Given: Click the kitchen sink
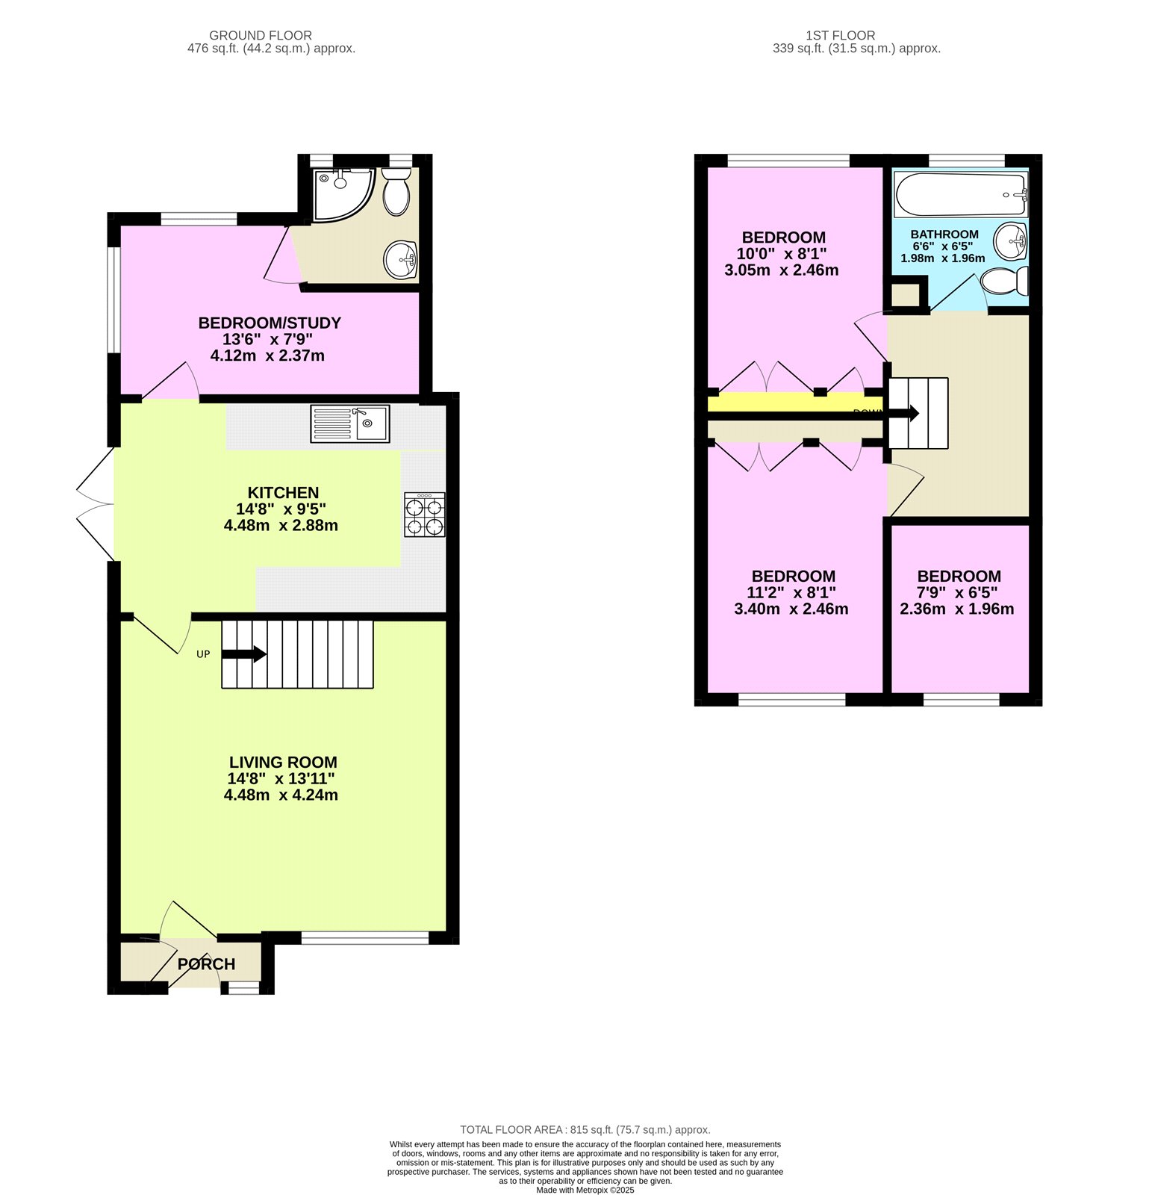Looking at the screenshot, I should click(x=350, y=423).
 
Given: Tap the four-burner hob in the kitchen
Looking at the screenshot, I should click(x=424, y=515).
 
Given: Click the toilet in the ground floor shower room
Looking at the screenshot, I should click(x=396, y=191).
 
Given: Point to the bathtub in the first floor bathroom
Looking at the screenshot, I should click(x=960, y=194).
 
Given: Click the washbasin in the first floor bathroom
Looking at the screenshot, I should click(x=1010, y=239).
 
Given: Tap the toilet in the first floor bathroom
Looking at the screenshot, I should click(x=1004, y=282).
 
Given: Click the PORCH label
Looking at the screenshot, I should click(x=206, y=964).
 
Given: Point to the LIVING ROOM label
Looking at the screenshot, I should click(x=283, y=763).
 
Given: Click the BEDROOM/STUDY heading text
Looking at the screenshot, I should click(x=270, y=323).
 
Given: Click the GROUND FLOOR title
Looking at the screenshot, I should click(x=261, y=35).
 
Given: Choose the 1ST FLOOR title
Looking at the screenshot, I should click(x=840, y=35).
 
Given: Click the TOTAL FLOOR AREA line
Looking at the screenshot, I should click(x=585, y=1130).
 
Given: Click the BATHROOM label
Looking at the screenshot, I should click(x=944, y=235).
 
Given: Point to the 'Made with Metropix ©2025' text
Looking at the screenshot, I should click(x=585, y=1190).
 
